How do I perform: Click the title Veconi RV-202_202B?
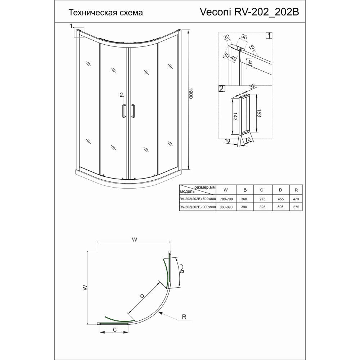pyautogui.click(x=249, y=12)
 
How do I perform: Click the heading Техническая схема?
pyautogui.click(x=106, y=12)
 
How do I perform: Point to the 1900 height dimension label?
pyautogui.click(x=190, y=94)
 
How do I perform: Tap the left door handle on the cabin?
pyautogui.click(x=124, y=111)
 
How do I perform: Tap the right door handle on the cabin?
pyautogui.click(x=133, y=111)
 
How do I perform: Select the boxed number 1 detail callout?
pyautogui.click(x=269, y=36)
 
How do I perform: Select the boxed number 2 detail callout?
pyautogui.click(x=221, y=89)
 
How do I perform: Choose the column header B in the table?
pyautogui.click(x=245, y=190)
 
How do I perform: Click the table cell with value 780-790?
pyautogui.click(x=226, y=199)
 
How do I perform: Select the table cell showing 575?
pyautogui.click(x=296, y=207)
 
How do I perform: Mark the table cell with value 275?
pyautogui.click(x=262, y=199)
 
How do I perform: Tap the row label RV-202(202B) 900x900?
pyautogui.click(x=198, y=207)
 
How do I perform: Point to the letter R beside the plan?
pyautogui.click(x=184, y=317)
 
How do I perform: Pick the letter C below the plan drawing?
pyautogui.click(x=115, y=330)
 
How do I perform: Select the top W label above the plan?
pyautogui.click(x=135, y=240)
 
